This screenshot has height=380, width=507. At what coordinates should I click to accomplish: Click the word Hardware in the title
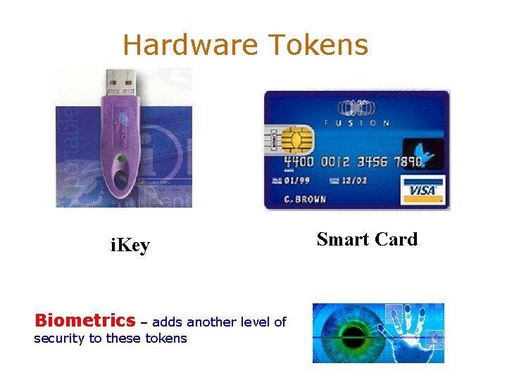(188, 46)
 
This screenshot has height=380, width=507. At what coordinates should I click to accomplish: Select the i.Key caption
(130, 246)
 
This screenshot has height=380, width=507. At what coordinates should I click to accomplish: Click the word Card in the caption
(394, 239)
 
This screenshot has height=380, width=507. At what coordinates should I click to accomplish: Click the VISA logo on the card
(421, 189)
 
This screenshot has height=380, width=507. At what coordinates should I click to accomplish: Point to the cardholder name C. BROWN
(305, 199)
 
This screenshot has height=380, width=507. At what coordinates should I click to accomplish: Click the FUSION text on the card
(356, 123)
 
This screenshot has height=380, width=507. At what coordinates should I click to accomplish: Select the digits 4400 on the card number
(301, 161)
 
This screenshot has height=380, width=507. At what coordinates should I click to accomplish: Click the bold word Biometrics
(84, 322)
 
